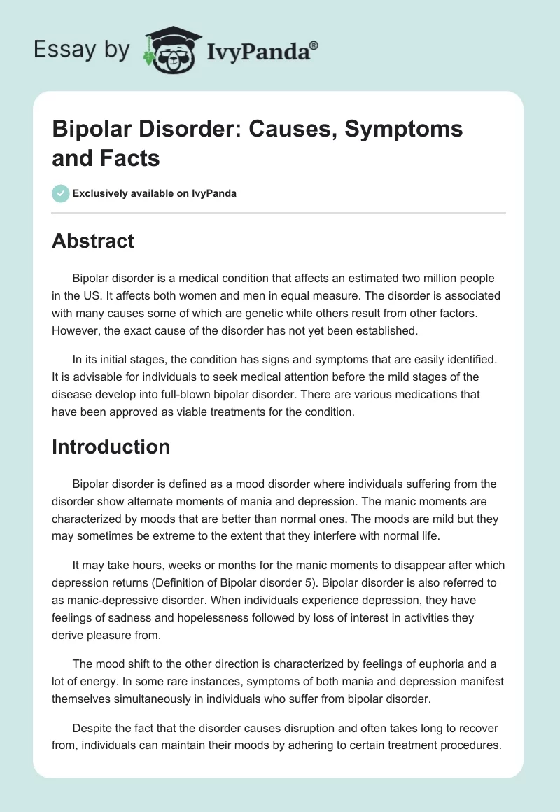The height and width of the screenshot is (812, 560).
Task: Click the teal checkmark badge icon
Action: (x=60, y=193)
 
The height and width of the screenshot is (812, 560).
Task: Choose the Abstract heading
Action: (x=93, y=241)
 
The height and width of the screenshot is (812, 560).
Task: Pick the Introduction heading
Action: (x=111, y=447)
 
